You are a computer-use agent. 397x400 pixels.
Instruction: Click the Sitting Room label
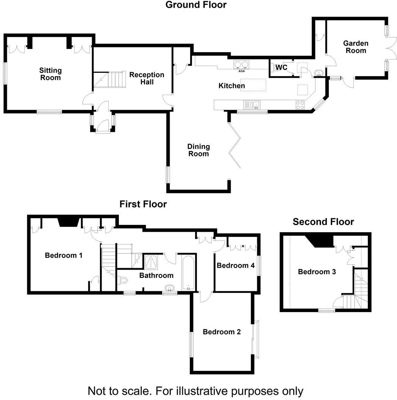(50, 74)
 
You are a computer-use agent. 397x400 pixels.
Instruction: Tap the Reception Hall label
(147, 78)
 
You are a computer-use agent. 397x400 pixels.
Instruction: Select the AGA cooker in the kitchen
(241, 65)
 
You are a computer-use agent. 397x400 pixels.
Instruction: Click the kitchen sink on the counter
(252, 105)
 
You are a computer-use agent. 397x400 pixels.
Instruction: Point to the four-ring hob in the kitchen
(300, 105)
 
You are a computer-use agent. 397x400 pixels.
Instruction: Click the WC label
(281, 67)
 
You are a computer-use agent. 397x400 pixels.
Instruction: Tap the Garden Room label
(355, 47)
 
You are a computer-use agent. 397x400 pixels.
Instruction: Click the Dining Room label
(198, 150)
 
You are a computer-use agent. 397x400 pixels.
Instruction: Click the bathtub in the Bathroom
(189, 273)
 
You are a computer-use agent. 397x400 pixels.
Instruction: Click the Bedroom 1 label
(64, 255)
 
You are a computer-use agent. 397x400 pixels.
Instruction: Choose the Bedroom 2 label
(222, 332)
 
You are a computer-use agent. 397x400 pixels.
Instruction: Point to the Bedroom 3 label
(317, 272)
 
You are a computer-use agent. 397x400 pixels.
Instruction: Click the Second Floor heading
(323, 222)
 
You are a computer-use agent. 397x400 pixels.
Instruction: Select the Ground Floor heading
(196, 5)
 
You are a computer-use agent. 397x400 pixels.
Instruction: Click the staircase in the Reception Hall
(110, 79)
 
